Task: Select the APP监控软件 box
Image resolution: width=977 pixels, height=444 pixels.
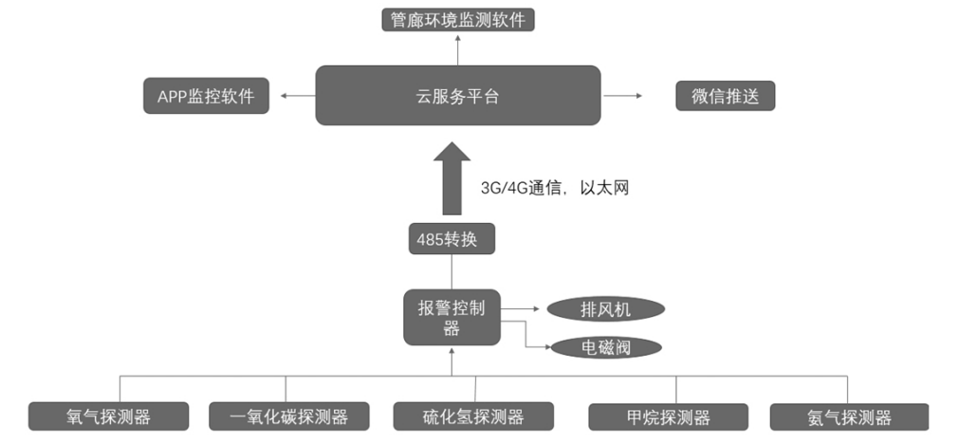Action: click(205, 96)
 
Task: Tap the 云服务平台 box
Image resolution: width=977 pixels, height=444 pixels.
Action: click(457, 95)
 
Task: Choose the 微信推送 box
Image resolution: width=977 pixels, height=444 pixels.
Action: click(725, 96)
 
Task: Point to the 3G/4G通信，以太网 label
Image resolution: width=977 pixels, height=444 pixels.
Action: click(555, 188)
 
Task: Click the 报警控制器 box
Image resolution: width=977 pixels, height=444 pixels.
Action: click(452, 318)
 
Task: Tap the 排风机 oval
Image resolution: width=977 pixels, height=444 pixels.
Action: click(606, 309)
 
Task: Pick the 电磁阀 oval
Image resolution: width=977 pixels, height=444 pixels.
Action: click(606, 347)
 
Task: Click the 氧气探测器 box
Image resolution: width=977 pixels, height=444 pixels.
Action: click(108, 416)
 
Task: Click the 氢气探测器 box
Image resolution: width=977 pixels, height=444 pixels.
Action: click(849, 416)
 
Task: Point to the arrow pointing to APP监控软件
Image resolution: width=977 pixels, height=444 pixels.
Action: click(297, 96)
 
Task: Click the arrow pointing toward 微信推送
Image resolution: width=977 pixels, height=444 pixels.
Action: click(623, 96)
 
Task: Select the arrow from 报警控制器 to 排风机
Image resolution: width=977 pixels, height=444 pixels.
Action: click(523, 309)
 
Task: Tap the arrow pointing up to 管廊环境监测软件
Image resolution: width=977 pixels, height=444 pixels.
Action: click(457, 47)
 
